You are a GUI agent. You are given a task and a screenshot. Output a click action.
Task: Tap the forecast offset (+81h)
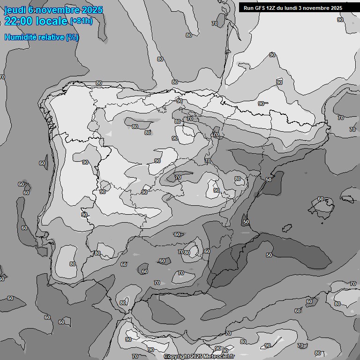(x=81, y=21)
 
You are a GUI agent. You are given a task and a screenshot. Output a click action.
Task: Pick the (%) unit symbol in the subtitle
(x=72, y=37)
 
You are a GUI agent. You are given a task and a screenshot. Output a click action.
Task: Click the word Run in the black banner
(x=248, y=8)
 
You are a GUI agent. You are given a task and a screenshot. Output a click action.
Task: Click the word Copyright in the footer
(x=177, y=357)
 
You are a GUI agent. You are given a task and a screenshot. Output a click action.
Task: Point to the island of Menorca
(x=348, y=197)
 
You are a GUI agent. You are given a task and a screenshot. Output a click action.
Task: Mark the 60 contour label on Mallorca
(x=321, y=199)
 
